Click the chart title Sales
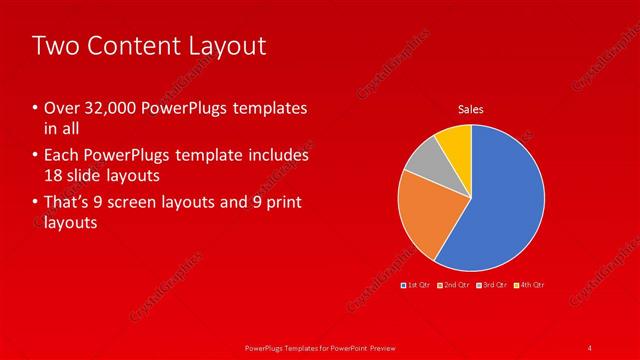tap(471, 109)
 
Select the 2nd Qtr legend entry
tap(455, 286)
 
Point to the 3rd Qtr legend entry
tap(493, 286)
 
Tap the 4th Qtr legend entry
tap(530, 286)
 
